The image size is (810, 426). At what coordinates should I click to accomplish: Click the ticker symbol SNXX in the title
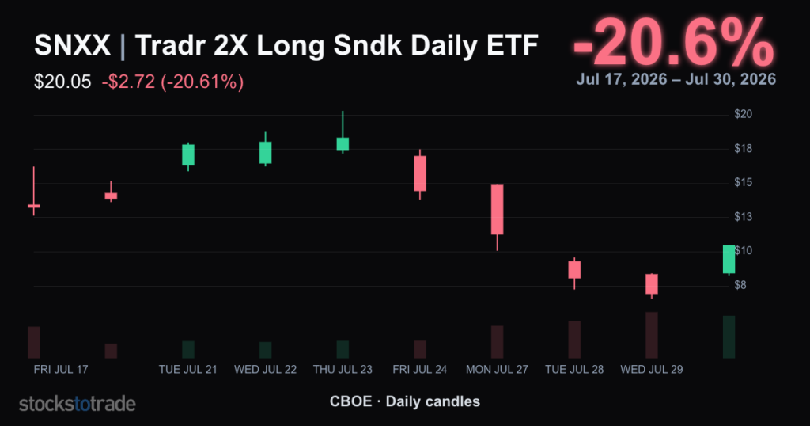tap(72, 45)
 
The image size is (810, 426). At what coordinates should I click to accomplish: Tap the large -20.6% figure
tap(674, 42)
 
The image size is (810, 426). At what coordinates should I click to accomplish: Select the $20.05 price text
tap(62, 82)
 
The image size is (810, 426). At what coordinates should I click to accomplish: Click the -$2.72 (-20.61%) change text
tap(172, 82)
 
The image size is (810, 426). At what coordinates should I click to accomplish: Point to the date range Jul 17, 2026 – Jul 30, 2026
tap(676, 79)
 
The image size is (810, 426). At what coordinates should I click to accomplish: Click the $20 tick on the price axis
tap(744, 114)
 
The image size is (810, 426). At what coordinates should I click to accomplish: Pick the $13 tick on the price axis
tap(744, 217)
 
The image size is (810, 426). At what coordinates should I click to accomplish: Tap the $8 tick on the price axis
tap(740, 285)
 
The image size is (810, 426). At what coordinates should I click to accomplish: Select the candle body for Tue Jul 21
tap(188, 154)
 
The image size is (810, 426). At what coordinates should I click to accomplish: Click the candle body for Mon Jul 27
tap(497, 209)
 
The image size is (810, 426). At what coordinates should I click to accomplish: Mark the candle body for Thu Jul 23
tap(343, 144)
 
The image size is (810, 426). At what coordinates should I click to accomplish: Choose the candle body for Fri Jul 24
tap(420, 173)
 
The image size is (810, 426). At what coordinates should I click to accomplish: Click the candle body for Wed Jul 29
tap(652, 283)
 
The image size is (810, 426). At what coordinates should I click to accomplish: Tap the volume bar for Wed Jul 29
tap(652, 335)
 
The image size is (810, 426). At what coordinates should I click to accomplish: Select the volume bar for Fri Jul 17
tap(33, 342)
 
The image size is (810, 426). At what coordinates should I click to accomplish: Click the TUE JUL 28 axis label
tap(574, 370)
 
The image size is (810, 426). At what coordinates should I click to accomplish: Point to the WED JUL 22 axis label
tap(266, 370)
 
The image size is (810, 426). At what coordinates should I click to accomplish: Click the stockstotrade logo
tap(78, 404)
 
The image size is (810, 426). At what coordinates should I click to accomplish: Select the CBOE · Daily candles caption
tap(405, 401)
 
